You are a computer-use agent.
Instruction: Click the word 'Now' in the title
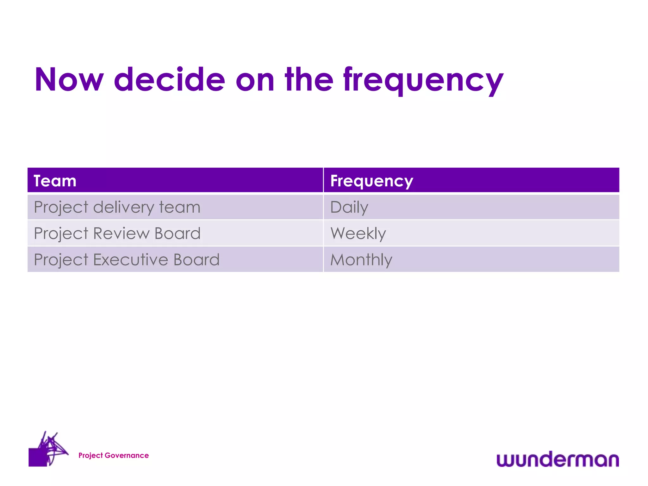point(69,80)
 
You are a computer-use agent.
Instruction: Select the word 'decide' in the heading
point(169,80)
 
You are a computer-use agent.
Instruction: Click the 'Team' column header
point(55,181)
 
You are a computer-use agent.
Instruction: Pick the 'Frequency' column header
point(371,181)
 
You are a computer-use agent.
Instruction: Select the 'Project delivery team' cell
point(117,208)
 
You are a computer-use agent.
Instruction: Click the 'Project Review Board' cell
point(117,234)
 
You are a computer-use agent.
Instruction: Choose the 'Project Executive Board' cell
point(127,260)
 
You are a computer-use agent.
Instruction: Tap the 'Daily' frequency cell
point(349,208)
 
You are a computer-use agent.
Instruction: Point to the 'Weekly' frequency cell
point(358,234)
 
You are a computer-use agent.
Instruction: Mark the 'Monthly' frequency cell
point(361,260)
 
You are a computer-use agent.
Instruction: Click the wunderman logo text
point(558,459)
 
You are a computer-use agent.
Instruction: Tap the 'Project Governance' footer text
point(113,455)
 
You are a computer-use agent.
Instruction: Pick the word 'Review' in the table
point(121,234)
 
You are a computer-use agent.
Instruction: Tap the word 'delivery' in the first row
point(123,208)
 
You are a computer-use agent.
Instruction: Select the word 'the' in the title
point(309,80)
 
